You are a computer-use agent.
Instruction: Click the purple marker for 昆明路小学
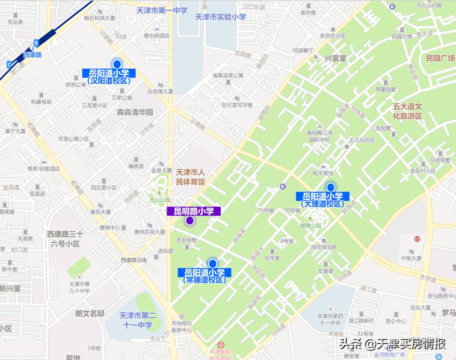pyautogui.click(x=190, y=220)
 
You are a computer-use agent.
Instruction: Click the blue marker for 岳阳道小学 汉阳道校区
pyautogui.click(x=117, y=64)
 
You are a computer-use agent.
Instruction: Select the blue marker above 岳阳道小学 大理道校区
pyautogui.click(x=331, y=187)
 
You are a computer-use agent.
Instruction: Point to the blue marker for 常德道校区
pyautogui.click(x=212, y=263)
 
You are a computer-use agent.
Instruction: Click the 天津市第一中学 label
pyautogui.click(x=162, y=11)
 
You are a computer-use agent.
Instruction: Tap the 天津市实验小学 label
pyautogui.click(x=220, y=17)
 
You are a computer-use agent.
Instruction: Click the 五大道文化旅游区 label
pyautogui.click(x=407, y=111)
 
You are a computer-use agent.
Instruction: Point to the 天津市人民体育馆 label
pyautogui.click(x=190, y=177)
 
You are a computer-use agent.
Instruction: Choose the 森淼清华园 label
pyautogui.click(x=135, y=112)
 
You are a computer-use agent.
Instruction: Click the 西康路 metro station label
pyautogui.click(x=33, y=54)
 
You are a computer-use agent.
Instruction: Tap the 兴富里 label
pyautogui.click(x=335, y=59)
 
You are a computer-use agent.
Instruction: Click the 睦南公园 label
pyautogui.click(x=310, y=226)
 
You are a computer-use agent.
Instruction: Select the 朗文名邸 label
pyautogui.click(x=90, y=313)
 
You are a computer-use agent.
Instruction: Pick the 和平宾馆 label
pyautogui.click(x=323, y=173)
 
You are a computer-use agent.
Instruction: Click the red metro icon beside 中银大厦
pyautogui.click(x=417, y=239)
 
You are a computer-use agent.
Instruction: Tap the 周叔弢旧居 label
pyautogui.click(x=323, y=247)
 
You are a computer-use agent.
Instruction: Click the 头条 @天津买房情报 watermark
pyautogui.click(x=392, y=344)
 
